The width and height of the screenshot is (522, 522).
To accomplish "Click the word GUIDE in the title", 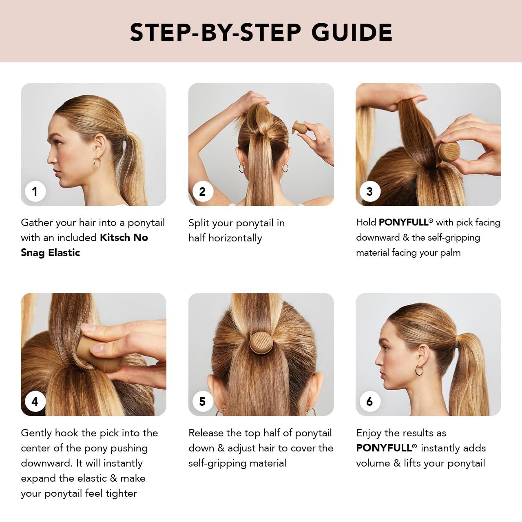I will tap(352, 32).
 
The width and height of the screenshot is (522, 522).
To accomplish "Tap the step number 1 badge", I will tap(35, 191).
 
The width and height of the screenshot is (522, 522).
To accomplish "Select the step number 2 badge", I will tap(202, 191).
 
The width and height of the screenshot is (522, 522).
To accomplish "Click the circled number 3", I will tap(369, 191).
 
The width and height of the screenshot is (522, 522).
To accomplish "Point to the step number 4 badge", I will tap(35, 402).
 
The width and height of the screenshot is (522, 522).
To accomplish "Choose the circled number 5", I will tap(202, 402).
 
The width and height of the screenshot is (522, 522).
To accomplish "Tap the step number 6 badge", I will tap(369, 402).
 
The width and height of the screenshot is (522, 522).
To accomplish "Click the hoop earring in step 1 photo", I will tap(97, 162).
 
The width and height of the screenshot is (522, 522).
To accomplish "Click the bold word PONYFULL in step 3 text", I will tap(403, 222).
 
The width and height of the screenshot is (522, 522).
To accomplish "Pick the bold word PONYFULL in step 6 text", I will tap(384, 448).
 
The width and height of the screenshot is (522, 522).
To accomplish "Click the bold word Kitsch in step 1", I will tap(115, 237).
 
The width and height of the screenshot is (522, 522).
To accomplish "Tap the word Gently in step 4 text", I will tap(36, 433).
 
